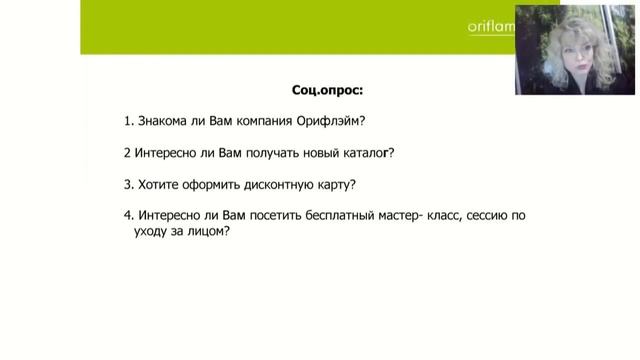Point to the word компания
pos(263,122)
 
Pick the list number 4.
pos(129,215)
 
